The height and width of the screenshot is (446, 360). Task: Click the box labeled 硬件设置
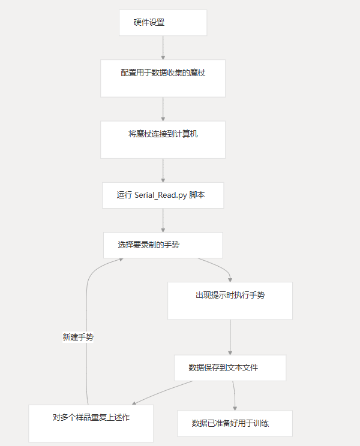tap(163, 23)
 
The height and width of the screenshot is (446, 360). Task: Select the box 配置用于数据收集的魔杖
tap(163, 78)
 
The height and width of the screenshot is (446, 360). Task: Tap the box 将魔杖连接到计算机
tap(163, 140)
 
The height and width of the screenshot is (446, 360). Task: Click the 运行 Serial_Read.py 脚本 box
tap(163, 195)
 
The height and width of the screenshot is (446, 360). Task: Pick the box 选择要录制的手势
tap(163, 245)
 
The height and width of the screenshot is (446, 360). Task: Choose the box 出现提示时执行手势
tap(230, 300)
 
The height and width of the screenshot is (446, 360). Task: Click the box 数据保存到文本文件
tap(230, 367)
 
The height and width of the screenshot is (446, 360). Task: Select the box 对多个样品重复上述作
tap(91, 423)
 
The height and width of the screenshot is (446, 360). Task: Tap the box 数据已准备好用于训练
tap(235, 423)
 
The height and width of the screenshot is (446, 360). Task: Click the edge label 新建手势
tap(78, 337)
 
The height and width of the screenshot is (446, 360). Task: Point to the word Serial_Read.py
tap(161, 195)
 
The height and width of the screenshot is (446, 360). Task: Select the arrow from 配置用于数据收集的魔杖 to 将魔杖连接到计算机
tap(163, 109)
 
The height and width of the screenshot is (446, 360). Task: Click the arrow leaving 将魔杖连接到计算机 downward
tap(163, 170)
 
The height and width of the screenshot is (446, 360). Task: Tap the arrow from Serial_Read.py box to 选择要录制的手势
tap(163, 220)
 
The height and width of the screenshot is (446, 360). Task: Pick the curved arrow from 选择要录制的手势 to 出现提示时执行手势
tap(219, 267)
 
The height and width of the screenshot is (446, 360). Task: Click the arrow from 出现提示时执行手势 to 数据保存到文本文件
tap(230, 337)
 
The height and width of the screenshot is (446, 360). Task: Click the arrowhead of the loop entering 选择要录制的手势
tap(121, 260)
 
